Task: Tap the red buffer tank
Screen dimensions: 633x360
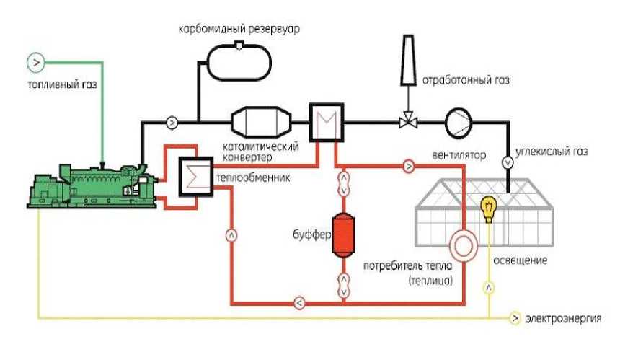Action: (x=343, y=234)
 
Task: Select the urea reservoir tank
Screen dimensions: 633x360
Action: (x=239, y=61)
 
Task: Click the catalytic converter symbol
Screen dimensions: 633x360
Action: (x=261, y=122)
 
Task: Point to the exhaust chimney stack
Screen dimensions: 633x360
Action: (x=408, y=60)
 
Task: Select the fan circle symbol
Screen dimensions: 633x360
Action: (x=459, y=122)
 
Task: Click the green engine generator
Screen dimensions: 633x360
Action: (x=92, y=186)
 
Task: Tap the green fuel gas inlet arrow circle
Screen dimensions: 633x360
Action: (x=36, y=63)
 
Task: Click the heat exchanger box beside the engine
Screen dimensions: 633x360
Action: (x=196, y=177)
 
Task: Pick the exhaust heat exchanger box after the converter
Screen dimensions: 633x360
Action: (x=327, y=123)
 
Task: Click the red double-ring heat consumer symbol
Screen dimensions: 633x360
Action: (x=464, y=245)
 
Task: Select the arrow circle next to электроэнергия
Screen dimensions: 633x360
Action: (x=515, y=318)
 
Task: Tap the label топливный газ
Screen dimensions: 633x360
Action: (x=62, y=85)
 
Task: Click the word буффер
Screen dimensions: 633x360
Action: (x=312, y=234)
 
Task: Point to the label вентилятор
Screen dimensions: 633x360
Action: (x=459, y=155)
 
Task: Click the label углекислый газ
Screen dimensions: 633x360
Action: (x=552, y=152)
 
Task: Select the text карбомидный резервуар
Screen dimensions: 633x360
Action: (x=239, y=30)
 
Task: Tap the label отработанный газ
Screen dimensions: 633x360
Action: (x=466, y=80)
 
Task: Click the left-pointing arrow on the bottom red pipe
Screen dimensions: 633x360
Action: (x=299, y=302)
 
